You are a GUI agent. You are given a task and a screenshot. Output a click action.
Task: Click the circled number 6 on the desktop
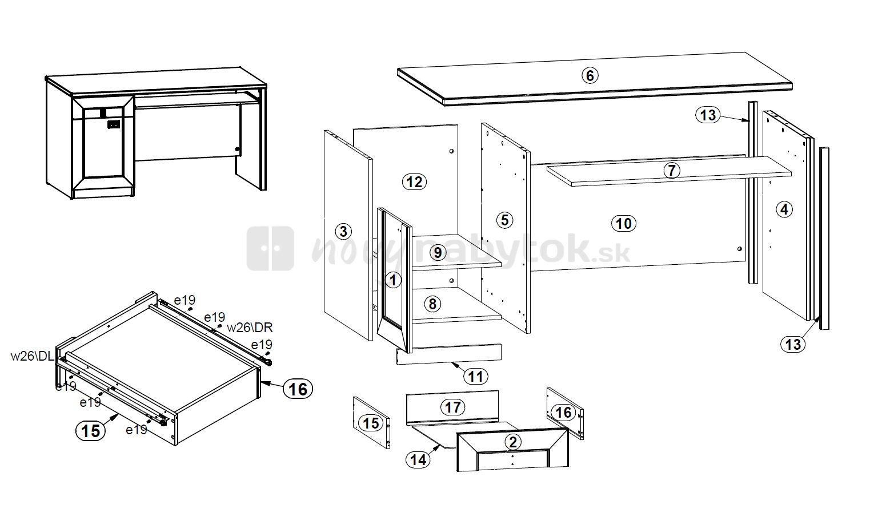click(590, 75)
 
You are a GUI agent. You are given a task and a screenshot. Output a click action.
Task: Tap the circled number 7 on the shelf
click(672, 171)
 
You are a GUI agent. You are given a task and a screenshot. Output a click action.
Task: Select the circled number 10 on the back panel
click(624, 224)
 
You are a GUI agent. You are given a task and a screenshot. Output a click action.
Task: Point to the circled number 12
click(414, 181)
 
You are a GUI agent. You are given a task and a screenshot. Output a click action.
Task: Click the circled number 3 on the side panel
click(343, 232)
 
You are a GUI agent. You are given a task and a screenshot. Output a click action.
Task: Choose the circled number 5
click(505, 220)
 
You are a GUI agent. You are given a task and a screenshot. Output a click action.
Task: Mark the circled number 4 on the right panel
click(784, 209)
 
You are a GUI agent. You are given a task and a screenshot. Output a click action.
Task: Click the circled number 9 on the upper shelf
click(438, 253)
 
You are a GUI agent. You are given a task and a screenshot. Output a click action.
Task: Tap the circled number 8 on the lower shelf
click(432, 304)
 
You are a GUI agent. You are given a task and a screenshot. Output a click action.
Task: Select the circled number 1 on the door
click(393, 280)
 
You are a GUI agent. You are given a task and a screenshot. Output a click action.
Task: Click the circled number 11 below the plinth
click(475, 377)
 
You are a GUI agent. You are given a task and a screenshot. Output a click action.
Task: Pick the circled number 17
click(453, 407)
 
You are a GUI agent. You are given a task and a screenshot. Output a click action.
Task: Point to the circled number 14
click(418, 459)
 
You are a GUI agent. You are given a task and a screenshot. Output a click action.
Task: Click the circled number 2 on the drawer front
click(512, 442)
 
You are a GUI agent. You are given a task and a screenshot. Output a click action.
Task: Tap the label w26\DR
click(250, 328)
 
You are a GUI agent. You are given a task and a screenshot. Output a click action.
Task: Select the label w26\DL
click(33, 356)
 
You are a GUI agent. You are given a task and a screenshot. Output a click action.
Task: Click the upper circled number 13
click(708, 115)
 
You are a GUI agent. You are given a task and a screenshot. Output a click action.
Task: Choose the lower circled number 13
click(793, 345)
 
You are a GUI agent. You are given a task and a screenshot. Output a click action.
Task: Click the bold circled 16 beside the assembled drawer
click(298, 389)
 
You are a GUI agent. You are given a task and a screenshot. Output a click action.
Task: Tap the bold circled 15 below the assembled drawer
click(91, 431)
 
